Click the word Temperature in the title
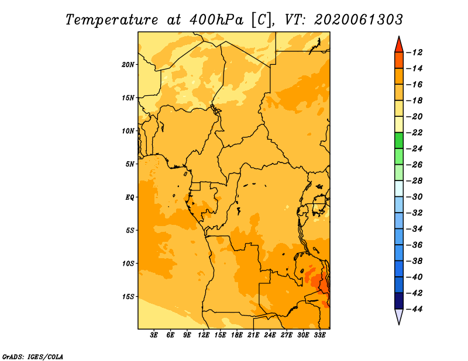(112, 20)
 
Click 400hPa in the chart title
(216, 20)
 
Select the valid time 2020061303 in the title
(359, 20)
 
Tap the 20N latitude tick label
(128, 65)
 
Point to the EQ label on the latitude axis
(130, 197)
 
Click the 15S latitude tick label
(128, 297)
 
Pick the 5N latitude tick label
(130, 164)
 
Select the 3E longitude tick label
(154, 335)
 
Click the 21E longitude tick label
(253, 335)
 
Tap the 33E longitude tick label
(319, 335)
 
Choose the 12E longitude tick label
(204, 335)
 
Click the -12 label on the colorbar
(415, 53)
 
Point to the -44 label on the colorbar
(415, 309)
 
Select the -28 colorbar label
(415, 181)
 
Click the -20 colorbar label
(415, 117)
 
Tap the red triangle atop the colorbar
(399, 46)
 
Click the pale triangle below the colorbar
(399, 315)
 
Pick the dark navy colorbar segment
(399, 301)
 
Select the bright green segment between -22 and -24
(399, 141)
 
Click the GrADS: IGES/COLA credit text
(33, 357)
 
